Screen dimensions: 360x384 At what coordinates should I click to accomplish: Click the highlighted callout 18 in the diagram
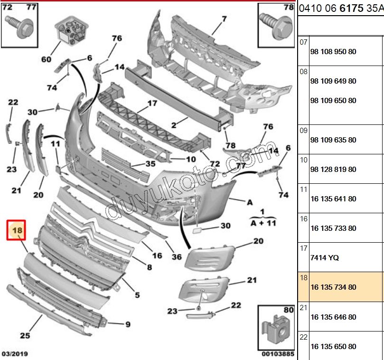click(18, 231)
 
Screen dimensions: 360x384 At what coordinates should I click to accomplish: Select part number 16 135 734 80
click(333, 287)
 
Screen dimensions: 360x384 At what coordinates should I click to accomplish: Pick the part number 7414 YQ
click(325, 258)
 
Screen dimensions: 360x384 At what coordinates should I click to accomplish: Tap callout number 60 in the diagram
click(46, 59)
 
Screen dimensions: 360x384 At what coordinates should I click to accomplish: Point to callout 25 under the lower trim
click(25, 336)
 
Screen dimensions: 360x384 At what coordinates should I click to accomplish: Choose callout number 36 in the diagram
click(177, 256)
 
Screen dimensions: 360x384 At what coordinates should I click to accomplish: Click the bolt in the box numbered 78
click(275, 24)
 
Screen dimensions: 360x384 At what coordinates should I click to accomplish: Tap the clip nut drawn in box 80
click(275, 328)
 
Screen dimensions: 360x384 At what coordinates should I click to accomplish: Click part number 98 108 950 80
click(333, 52)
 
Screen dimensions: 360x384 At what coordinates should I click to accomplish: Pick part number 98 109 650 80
click(333, 101)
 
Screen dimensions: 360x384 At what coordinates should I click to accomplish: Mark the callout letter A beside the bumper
click(250, 202)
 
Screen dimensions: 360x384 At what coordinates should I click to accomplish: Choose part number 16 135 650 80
click(333, 347)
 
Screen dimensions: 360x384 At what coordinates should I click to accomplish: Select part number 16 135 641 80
click(333, 199)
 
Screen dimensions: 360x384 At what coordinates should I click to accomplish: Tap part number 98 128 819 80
click(333, 170)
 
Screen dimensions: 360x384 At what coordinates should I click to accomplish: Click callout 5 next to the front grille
click(137, 295)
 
